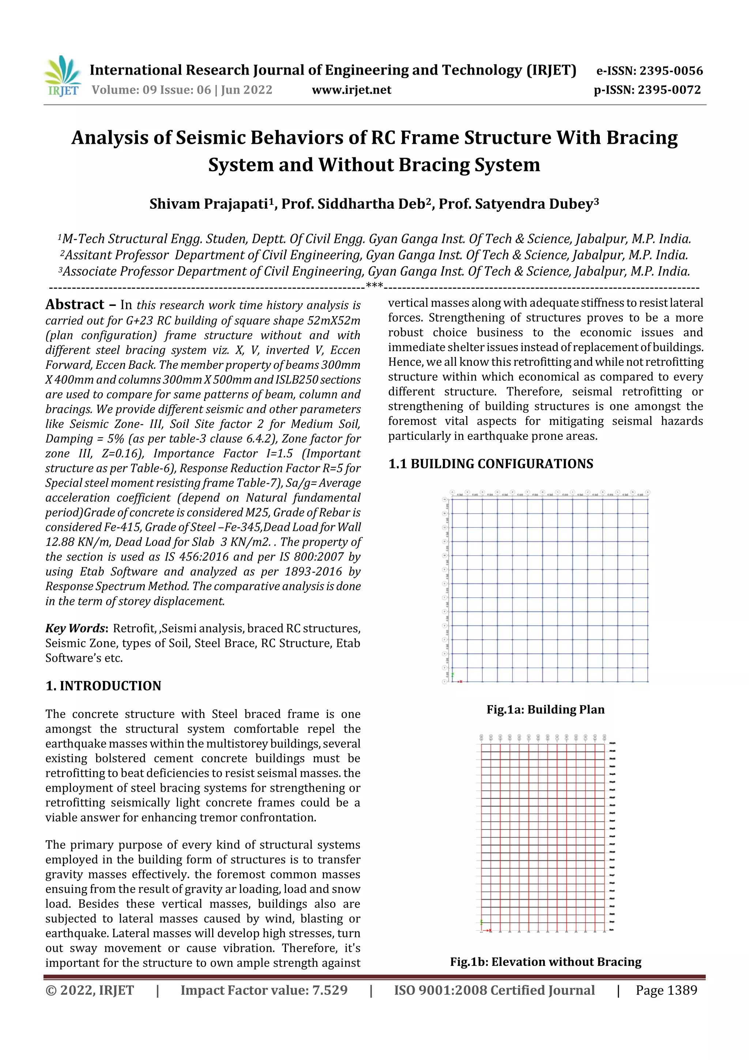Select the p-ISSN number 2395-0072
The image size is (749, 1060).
669,90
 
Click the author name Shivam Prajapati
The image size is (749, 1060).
208,204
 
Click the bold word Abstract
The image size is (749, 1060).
75,305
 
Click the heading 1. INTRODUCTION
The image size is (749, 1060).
103,686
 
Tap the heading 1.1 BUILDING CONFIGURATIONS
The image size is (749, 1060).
490,464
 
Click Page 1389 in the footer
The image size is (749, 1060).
666,990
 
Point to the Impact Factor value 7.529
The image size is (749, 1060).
264,990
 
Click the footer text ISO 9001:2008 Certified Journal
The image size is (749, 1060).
494,990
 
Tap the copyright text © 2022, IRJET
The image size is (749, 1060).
90,990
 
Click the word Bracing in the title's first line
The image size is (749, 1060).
641,138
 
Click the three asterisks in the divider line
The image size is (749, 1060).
374,286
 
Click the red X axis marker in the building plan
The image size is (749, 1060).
460,681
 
